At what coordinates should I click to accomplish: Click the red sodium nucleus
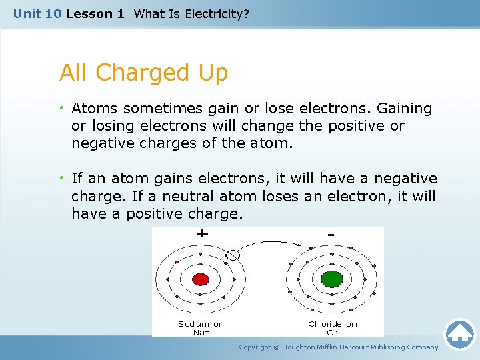click(199, 279)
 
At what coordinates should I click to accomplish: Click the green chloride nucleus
click(331, 279)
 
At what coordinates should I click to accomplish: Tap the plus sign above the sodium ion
click(201, 235)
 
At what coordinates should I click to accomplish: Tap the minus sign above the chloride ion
click(331, 235)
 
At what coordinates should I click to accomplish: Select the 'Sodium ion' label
click(201, 324)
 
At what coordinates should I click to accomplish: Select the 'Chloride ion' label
click(332, 324)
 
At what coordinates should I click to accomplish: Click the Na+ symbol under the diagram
click(201, 331)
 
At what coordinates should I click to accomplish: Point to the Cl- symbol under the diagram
click(332, 331)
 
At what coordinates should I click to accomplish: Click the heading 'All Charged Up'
click(143, 73)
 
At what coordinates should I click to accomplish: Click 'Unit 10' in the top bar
click(37, 13)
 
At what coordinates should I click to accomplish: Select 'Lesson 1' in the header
click(95, 13)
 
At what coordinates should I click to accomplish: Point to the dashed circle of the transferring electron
click(233, 254)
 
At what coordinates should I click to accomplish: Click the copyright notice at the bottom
click(339, 347)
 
